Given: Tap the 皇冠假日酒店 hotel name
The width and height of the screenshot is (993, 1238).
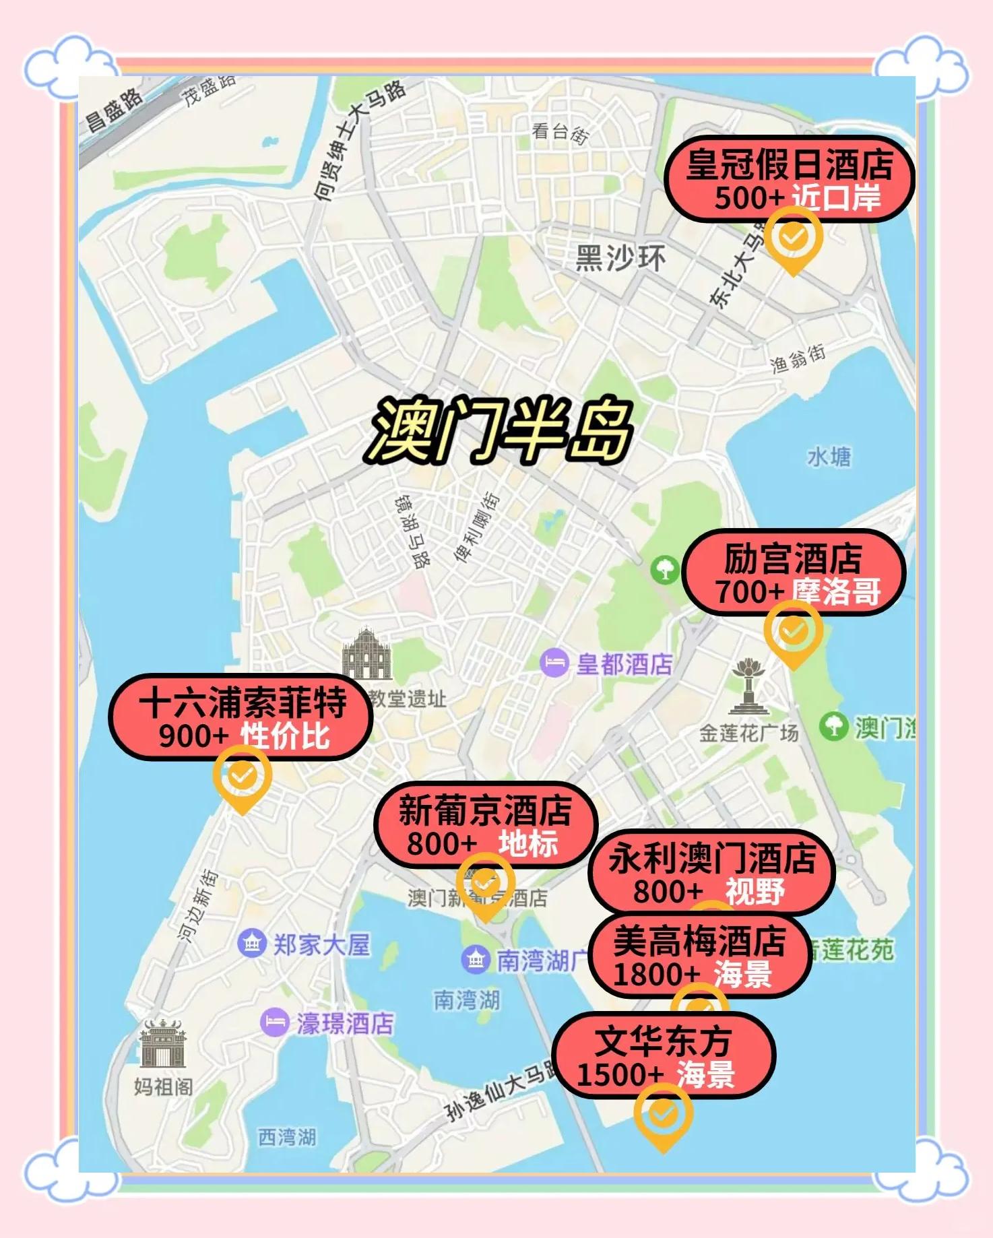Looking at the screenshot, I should [x=790, y=165].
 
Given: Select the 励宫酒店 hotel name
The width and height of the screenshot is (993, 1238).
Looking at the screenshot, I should [x=793, y=558].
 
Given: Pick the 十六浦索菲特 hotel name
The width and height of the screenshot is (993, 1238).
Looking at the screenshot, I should [x=243, y=703].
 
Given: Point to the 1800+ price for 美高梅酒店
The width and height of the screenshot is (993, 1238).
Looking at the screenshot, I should [x=657, y=974].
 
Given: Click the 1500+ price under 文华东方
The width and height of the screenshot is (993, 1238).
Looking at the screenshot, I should [x=620, y=1074].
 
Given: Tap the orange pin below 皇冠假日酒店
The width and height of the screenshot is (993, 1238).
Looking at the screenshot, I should [x=793, y=238].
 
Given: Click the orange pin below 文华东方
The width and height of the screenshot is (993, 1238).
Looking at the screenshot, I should [x=663, y=1115].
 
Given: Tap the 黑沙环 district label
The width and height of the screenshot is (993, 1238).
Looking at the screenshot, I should [x=620, y=258].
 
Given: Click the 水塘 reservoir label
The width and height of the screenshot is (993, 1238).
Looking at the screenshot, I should [x=829, y=457].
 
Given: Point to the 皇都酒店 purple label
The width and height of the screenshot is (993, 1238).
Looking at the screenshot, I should [x=624, y=664].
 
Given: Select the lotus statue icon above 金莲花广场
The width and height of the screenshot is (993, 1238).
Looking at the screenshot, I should [x=748, y=687].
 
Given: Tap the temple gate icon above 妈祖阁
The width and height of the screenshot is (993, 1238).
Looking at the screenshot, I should [x=162, y=1043].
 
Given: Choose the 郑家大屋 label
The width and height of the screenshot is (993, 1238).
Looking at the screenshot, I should [x=321, y=944].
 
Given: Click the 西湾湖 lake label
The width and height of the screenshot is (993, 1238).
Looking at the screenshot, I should [x=287, y=1137].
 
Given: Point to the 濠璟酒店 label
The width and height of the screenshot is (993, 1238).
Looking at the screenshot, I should [x=344, y=1023].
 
